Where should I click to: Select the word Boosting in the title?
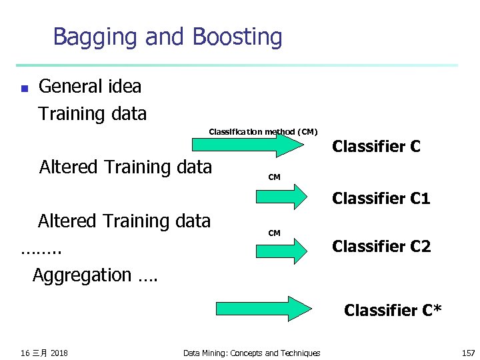[x=237, y=37]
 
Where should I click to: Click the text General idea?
[x=90, y=87]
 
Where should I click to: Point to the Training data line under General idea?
[x=92, y=114]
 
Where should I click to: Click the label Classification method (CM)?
[x=263, y=132]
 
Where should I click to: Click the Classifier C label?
[x=376, y=146]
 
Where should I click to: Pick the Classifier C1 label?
[x=381, y=198]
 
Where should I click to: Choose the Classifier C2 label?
[x=381, y=247]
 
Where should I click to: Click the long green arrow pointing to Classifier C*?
[x=264, y=309]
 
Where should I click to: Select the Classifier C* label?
[x=392, y=310]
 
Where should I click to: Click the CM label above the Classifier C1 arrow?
[x=274, y=177]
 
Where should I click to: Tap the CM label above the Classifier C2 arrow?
[x=274, y=233]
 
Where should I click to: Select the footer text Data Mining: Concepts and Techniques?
[x=251, y=353]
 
